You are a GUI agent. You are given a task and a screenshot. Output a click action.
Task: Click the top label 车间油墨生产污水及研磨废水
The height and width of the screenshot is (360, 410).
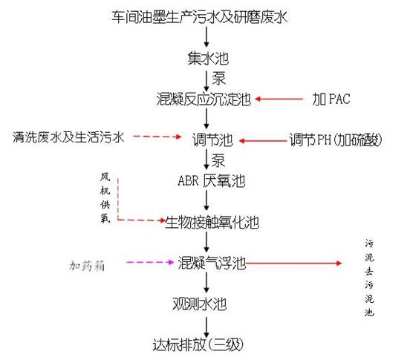[x=200, y=17]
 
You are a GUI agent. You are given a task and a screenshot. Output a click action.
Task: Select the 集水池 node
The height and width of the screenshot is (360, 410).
[x=208, y=58]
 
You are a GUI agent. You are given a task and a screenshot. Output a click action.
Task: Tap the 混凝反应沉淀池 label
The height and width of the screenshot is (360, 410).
[x=204, y=99]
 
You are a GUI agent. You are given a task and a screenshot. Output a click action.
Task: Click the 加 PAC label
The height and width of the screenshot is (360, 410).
[x=331, y=99]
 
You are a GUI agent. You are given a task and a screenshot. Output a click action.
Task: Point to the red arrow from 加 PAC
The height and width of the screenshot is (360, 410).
[x=279, y=99]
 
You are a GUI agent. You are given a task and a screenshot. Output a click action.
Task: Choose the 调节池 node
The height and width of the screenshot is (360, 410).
[x=212, y=140]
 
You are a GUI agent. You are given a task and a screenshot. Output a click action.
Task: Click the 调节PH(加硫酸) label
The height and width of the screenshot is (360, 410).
[x=336, y=140]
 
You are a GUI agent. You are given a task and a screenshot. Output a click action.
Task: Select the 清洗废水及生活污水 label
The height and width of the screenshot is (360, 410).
[x=68, y=137]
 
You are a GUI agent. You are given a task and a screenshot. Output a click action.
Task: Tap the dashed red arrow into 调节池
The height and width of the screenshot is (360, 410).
[x=157, y=137]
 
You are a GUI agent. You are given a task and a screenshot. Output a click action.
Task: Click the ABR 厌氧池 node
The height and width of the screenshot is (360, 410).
[x=211, y=181]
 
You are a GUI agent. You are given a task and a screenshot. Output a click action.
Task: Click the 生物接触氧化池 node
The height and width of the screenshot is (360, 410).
[x=212, y=223]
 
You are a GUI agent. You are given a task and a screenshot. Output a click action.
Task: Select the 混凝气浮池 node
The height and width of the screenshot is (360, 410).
[x=212, y=263]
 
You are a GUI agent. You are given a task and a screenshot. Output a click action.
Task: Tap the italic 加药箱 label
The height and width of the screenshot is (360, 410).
[x=87, y=266]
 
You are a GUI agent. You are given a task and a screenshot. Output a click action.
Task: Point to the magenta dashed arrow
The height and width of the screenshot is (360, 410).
[x=150, y=262]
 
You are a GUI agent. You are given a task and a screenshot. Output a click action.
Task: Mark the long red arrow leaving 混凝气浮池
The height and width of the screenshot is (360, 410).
[x=294, y=263]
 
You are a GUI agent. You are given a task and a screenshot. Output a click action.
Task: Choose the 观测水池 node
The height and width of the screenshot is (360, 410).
[x=199, y=304]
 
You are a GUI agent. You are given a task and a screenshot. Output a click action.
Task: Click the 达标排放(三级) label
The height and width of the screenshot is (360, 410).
[x=198, y=345]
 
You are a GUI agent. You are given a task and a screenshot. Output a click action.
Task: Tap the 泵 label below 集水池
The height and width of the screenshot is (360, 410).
[x=218, y=78]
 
